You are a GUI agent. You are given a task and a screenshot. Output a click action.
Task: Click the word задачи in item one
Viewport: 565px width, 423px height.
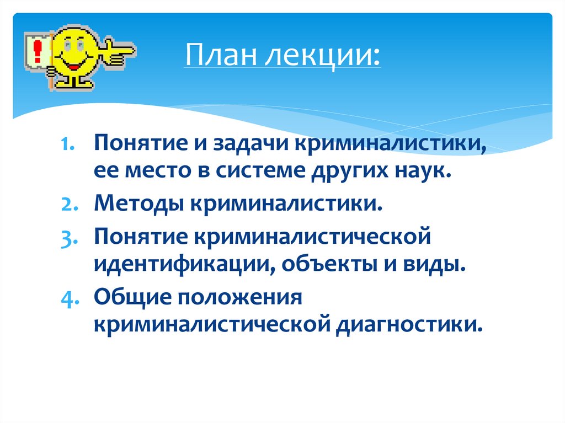249,146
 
